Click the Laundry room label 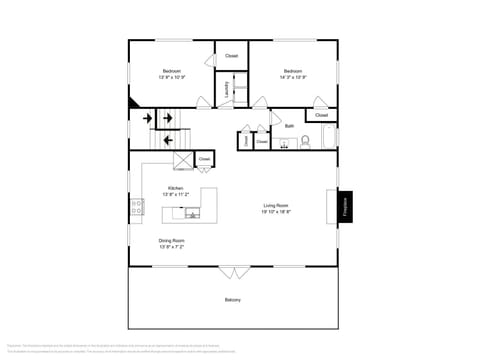click(x=227, y=89)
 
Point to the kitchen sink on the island click(x=192, y=212)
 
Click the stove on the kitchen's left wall click(x=134, y=209)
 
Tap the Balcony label click(x=232, y=300)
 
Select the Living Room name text click(x=275, y=205)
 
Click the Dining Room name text click(x=171, y=240)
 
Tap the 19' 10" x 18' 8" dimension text click(x=276, y=212)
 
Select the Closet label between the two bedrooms click(x=232, y=55)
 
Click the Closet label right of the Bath click(x=321, y=115)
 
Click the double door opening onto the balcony click(x=233, y=272)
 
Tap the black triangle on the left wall click(x=133, y=101)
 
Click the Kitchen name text click(x=175, y=188)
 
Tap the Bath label click(x=289, y=126)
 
